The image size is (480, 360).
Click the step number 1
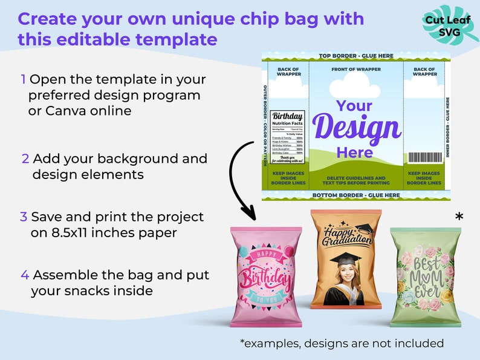24,80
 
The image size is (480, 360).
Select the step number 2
25,159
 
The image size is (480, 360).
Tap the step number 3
24,217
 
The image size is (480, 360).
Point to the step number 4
25,275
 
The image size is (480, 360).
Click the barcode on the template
424,157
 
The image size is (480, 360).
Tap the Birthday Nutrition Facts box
288,133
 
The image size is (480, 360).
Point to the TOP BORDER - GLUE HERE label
355,56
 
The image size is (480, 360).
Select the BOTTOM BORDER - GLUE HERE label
355,195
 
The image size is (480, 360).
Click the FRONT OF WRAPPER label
355,70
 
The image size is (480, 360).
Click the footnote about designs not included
342,344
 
